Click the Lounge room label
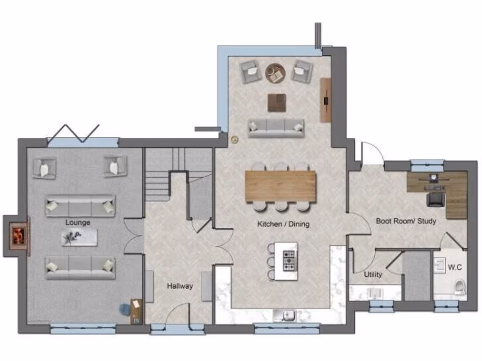78,222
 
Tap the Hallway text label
180,286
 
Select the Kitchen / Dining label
283,224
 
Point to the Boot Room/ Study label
406,220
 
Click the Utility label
373,275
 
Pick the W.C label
455,267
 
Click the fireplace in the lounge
18,235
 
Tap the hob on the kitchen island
289,261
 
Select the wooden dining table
280,186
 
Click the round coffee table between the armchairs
275,73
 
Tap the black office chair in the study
435,199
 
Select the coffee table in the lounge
79,238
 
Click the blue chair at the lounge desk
125,308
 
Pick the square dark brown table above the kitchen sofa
277,103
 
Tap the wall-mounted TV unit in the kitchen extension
326,100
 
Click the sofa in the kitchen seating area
276,127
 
